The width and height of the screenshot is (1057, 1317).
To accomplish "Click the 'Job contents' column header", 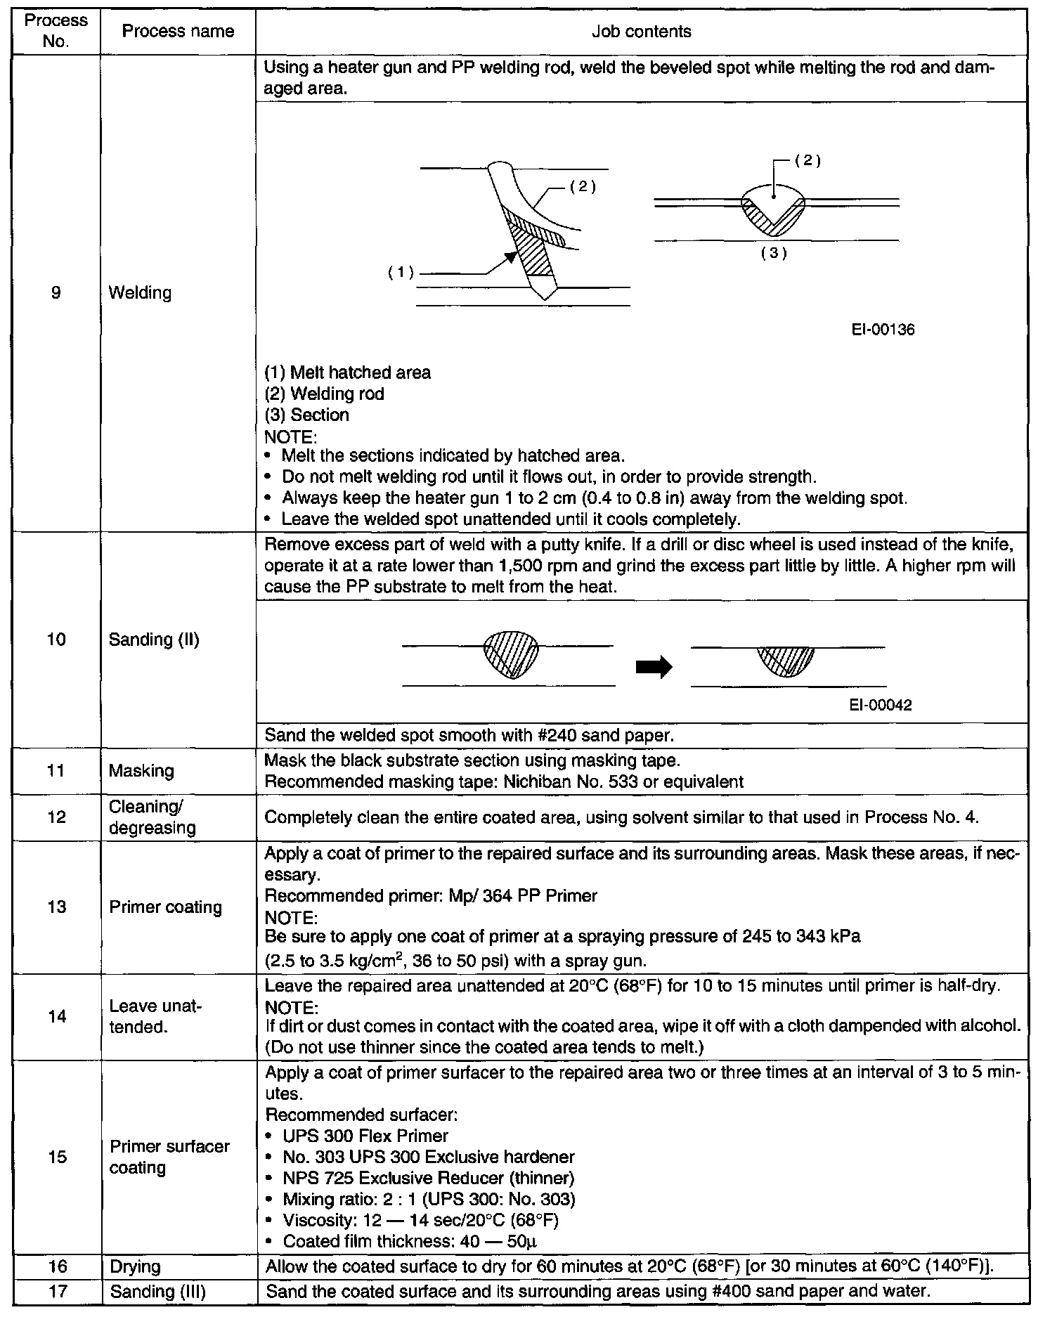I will (x=641, y=32).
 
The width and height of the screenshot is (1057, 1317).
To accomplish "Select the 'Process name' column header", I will (x=178, y=32).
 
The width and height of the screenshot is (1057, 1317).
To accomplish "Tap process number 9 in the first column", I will (x=56, y=292).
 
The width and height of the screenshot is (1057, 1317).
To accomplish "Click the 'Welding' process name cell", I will (x=141, y=292).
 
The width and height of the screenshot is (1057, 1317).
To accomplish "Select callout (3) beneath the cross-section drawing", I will (x=773, y=254).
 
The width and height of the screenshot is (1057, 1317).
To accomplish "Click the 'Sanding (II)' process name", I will (x=154, y=640).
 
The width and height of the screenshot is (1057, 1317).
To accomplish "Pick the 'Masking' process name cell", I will (x=141, y=771).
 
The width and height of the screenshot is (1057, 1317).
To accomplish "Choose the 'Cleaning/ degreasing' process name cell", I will (x=153, y=817).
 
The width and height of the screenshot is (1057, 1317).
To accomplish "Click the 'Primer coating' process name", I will (x=165, y=907).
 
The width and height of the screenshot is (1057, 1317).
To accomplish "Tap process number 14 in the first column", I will (x=56, y=1016).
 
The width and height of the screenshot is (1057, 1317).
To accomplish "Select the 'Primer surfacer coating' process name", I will (x=169, y=1157).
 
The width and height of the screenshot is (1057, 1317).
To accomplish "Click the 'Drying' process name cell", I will (x=136, y=1267).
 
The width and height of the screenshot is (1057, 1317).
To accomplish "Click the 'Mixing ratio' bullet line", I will (x=429, y=1199).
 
